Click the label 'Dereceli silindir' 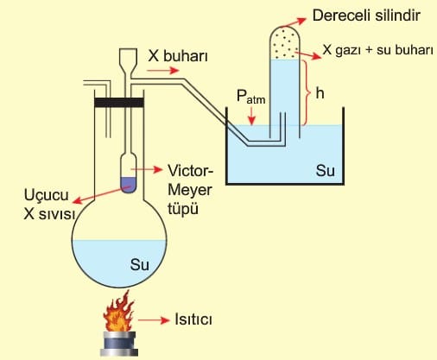click(366, 16)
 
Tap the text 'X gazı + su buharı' click(377, 50)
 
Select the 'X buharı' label click(178, 55)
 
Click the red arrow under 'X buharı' click(163, 70)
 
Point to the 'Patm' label click(250, 96)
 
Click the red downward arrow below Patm click(251, 116)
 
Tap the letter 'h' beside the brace click(320, 93)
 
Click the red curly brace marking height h click(307, 93)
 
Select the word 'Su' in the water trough click(326, 170)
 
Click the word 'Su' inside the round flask click(140, 264)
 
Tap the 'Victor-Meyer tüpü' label click(190, 190)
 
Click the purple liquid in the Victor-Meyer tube click(129, 185)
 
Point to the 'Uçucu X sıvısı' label click(49, 204)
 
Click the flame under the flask click(119, 313)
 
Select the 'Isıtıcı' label click(193, 319)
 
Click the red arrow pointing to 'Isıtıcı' click(154, 320)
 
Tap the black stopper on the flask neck click(119, 103)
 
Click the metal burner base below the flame click(119, 344)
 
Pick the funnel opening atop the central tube click(128, 56)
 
